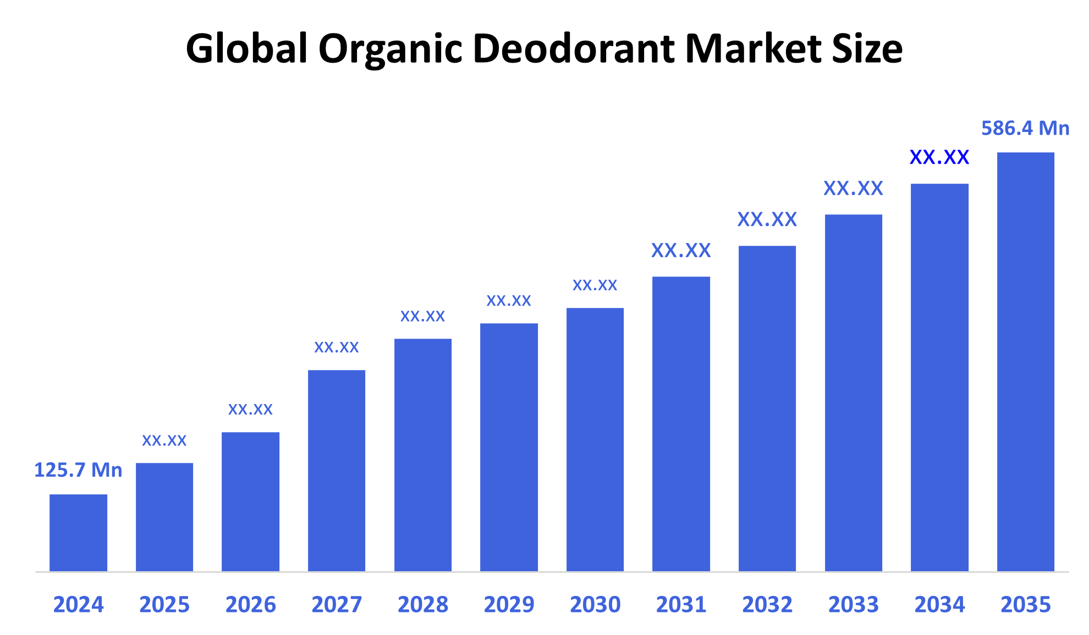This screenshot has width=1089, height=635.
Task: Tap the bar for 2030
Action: pos(595,439)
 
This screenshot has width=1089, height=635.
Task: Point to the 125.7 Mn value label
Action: pos(78,470)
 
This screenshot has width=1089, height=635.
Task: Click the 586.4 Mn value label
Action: pos(1025,128)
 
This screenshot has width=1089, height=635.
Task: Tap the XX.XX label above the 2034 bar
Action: pos(939,157)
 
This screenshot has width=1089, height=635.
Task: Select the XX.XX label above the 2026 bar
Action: pos(250,409)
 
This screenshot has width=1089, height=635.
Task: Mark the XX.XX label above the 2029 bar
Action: pos(509,300)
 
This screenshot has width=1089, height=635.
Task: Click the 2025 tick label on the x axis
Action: pos(164,605)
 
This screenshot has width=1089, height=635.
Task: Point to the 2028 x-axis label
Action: pos(423,605)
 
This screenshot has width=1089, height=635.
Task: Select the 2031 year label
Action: pos(681,605)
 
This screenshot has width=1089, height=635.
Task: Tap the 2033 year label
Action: pos(854,605)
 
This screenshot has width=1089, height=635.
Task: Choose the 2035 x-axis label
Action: pos(1026,605)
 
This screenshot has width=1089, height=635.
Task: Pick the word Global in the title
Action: pos(246,48)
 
